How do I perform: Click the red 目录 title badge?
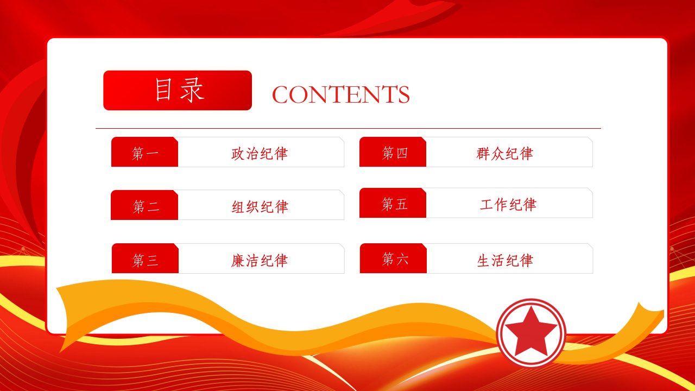[178, 90]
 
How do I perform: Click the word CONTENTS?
[340, 94]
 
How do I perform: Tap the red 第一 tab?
[144, 152]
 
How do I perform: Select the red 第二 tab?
[144, 205]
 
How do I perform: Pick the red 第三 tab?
[145, 258]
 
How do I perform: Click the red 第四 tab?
[393, 152]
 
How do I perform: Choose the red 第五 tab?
[393, 203]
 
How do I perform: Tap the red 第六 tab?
[393, 258]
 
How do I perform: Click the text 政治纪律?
[260, 154]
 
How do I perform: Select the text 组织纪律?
[260, 207]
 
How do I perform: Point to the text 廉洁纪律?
[260, 260]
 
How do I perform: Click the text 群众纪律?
[505, 154]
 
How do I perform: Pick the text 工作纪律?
[508, 205]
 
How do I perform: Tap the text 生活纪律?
[505, 260]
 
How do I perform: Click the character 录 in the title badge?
[192, 90]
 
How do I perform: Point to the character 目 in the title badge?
[163, 90]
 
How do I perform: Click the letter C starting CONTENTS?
[281, 94]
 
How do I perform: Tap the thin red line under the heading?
[348, 128]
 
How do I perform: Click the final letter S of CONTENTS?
[404, 94]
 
